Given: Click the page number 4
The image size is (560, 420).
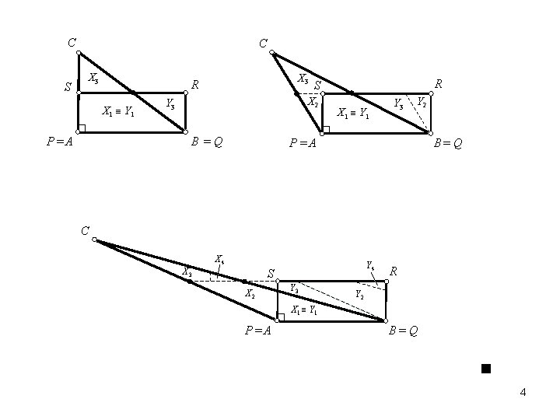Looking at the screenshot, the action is (523, 393).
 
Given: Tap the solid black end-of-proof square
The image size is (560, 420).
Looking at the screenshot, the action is (485, 367).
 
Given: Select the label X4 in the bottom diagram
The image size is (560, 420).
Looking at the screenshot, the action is (220, 259).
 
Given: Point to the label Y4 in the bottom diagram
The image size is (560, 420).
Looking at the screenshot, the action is (370, 264).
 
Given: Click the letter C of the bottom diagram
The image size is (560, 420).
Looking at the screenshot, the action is (84, 229).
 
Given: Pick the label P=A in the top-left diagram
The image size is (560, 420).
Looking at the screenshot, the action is (60, 142).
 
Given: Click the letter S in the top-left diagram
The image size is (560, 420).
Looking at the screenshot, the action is (68, 89).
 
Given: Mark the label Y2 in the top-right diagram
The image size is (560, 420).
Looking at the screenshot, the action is (421, 101).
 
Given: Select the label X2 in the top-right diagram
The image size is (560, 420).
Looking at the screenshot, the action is (313, 102).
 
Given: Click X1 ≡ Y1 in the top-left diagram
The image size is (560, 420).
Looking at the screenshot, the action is (119, 111).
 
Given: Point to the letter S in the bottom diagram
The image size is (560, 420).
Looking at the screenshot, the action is (271, 273).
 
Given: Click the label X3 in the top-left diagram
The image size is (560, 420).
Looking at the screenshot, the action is (93, 78).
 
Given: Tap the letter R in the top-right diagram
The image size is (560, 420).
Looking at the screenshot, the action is (439, 82).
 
